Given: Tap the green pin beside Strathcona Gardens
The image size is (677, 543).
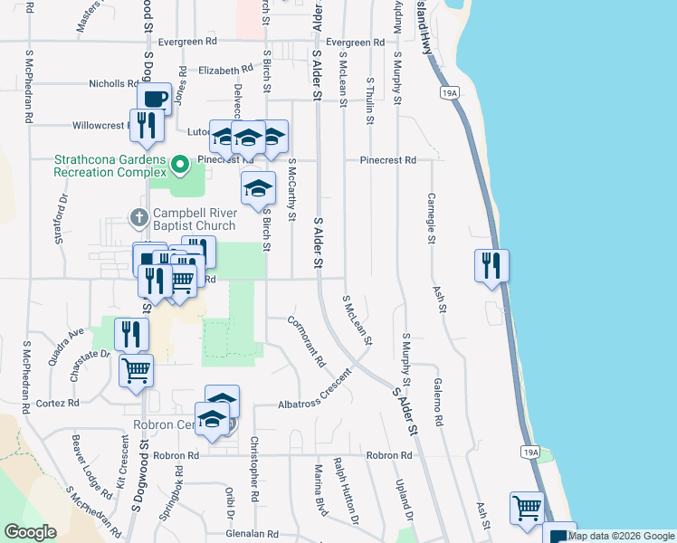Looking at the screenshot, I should click(x=180, y=164).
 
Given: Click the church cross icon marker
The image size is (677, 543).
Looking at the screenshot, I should click(x=138, y=217).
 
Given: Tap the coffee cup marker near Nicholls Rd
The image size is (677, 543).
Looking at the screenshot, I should click(x=154, y=99).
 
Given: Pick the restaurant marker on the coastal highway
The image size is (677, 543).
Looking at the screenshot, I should click(x=491, y=265).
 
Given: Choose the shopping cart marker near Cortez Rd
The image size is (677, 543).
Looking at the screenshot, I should click(x=136, y=369).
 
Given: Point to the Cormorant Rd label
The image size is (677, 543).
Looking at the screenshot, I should click(x=307, y=341).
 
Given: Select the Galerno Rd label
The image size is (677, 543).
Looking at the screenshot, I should click(x=437, y=403).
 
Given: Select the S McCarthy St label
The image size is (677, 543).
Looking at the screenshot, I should click(x=291, y=192).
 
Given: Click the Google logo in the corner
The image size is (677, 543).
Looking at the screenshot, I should click(x=30, y=532).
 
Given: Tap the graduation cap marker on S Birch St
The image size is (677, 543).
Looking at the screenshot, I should click(x=258, y=188).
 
